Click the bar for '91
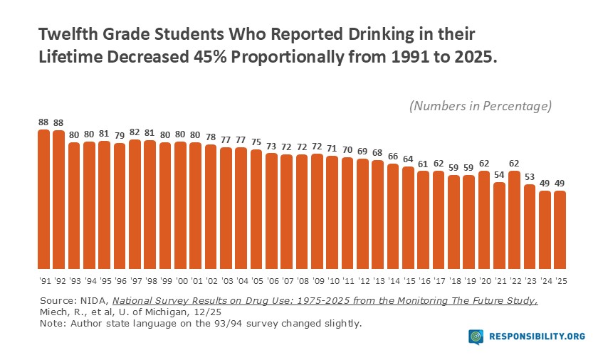tap(43, 198)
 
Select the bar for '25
tap(560, 228)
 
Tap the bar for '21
tap(499, 225)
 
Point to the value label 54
tap(499, 174)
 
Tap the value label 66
tap(393, 156)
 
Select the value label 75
tap(256, 142)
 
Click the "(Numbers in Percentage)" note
tap(480, 106)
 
